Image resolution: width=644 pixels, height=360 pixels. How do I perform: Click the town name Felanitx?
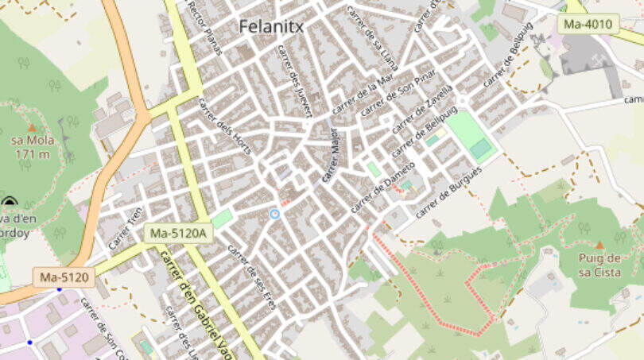tap(271, 26)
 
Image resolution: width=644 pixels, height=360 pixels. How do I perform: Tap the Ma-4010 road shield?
tap(588, 24)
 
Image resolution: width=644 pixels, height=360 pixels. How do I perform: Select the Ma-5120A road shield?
tap(177, 233)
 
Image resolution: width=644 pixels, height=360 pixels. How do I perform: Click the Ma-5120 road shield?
tap(64, 277)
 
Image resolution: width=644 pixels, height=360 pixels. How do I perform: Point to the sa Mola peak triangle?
tap(32, 127)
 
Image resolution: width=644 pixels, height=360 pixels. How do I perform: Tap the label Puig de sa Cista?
tap(599, 265)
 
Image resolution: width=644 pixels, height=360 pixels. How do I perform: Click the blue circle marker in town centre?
tap(275, 214)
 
